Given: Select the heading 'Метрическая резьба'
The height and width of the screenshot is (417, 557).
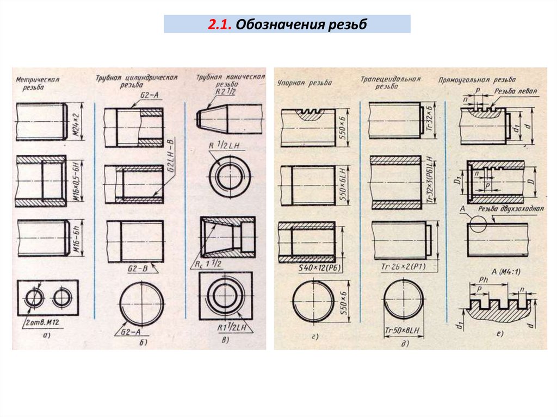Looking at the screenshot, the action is [x=38, y=83].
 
